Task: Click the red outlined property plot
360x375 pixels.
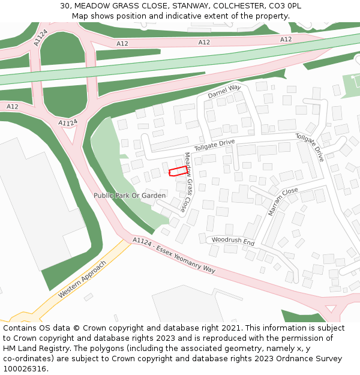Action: pos(177,172)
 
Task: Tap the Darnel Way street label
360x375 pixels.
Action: pos(224,92)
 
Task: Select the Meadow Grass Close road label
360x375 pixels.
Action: pos(190,182)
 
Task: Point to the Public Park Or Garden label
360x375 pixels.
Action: pos(130,196)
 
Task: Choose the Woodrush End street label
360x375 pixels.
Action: pos(233,241)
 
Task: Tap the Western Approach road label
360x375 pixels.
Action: pos(82,280)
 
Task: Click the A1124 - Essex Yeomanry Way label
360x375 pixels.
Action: pos(173,255)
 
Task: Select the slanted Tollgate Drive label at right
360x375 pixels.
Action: pos(310,147)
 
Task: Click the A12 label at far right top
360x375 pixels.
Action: pos(286,40)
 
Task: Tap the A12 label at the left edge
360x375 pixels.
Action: pos(12,106)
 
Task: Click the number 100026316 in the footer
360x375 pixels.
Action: pos(24,368)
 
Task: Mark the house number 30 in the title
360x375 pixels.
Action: pos(65,6)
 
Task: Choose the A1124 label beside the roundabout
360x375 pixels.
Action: pos(68,122)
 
